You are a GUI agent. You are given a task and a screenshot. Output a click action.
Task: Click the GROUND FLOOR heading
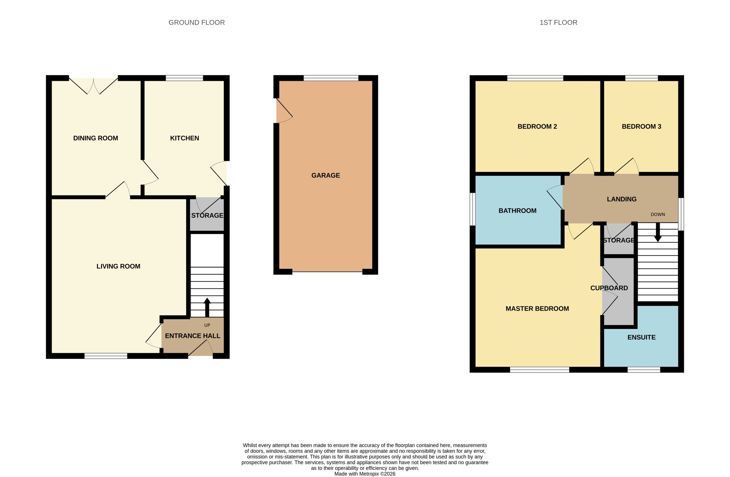tap(197, 22)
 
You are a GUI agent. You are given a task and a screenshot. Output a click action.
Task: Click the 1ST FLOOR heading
tap(558, 22)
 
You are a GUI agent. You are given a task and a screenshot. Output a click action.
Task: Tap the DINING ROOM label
tap(96, 138)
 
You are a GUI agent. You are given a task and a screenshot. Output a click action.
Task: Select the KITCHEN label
tap(185, 138)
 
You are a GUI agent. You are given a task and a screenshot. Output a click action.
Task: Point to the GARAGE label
tap(325, 175)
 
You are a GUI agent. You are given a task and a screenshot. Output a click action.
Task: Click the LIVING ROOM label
tap(118, 266)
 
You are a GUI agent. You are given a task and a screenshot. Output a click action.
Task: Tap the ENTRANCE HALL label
tap(193, 336)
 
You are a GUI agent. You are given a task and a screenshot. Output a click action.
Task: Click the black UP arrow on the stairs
tap(207, 307)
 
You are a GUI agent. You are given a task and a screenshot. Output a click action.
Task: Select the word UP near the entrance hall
tap(207, 325)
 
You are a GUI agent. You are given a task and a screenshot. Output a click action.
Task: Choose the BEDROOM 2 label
tap(537, 126)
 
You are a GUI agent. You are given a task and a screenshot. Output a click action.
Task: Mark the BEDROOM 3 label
tap(641, 126)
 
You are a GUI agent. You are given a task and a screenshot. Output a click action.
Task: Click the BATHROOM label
tap(517, 211)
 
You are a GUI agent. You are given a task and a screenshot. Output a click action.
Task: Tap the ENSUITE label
tap(641, 337)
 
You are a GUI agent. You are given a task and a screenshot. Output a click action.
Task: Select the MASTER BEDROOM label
tap(537, 309)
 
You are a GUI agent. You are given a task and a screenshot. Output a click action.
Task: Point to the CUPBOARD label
tap(609, 288)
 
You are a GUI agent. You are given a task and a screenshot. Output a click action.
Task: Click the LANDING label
tap(622, 199)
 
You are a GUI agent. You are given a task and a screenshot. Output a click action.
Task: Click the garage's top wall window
tap(331, 78)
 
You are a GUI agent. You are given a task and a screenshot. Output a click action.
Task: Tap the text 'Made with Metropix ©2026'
tap(365, 474)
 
